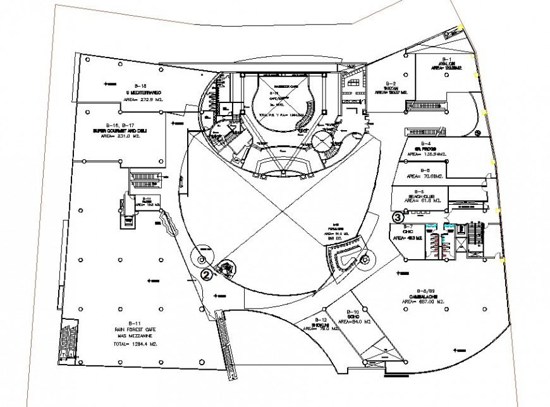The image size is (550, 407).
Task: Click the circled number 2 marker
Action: point(206,274)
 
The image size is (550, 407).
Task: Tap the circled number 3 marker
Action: point(398,216)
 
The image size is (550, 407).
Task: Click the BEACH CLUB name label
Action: point(419,197)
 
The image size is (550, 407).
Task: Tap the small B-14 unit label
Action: point(146,199)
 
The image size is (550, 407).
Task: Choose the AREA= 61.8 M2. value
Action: point(419,202)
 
